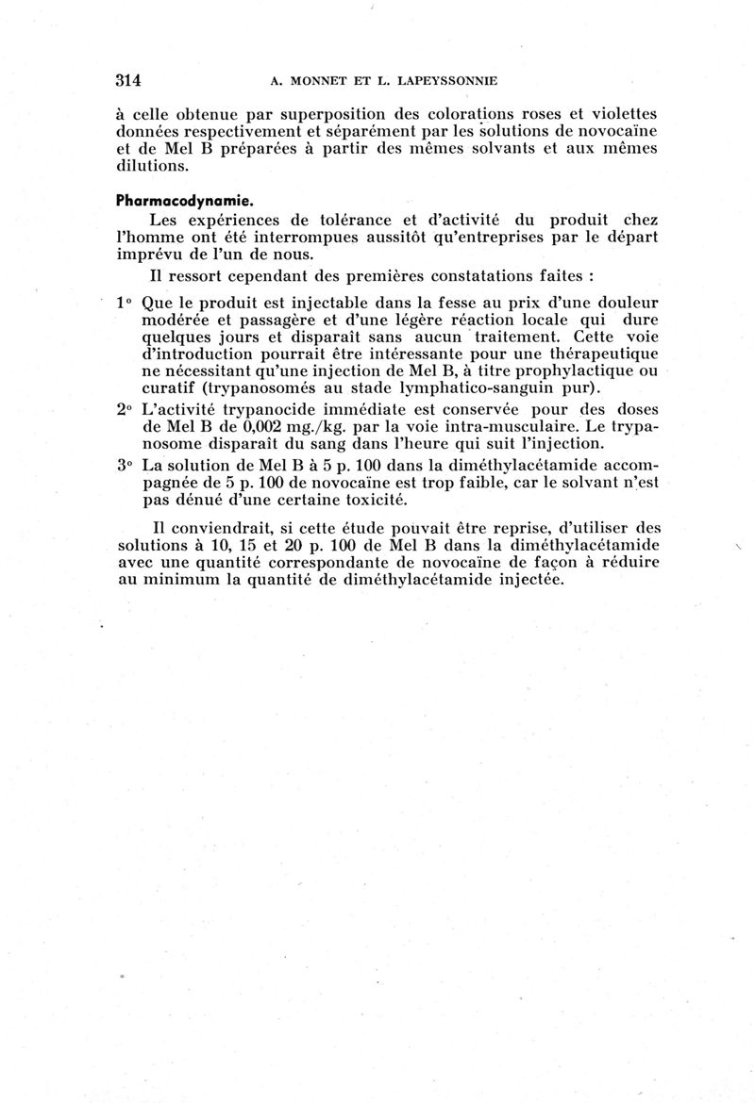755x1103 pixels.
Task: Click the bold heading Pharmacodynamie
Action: [175, 201]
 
